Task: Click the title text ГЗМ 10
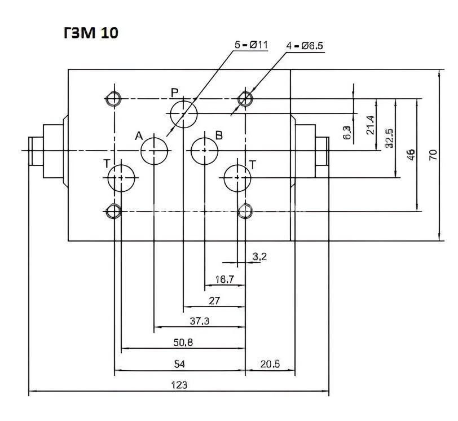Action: [x=91, y=33]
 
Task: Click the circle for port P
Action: [x=183, y=113]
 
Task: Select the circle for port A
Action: [x=155, y=151]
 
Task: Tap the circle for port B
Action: [x=204, y=151]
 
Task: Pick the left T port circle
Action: [x=121, y=178]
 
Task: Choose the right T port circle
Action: [x=237, y=178]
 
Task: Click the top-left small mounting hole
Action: [x=113, y=99]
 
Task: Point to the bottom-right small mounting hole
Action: [x=244, y=211]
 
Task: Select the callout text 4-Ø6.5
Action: [x=305, y=46]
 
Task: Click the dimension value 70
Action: [x=433, y=155]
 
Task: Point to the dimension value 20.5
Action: [x=270, y=364]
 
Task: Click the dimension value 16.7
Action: [x=224, y=279]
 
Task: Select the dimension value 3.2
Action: [x=259, y=257]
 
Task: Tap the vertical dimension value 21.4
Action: [x=370, y=125]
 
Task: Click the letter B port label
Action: [x=219, y=135]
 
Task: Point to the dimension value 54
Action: [x=179, y=364]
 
